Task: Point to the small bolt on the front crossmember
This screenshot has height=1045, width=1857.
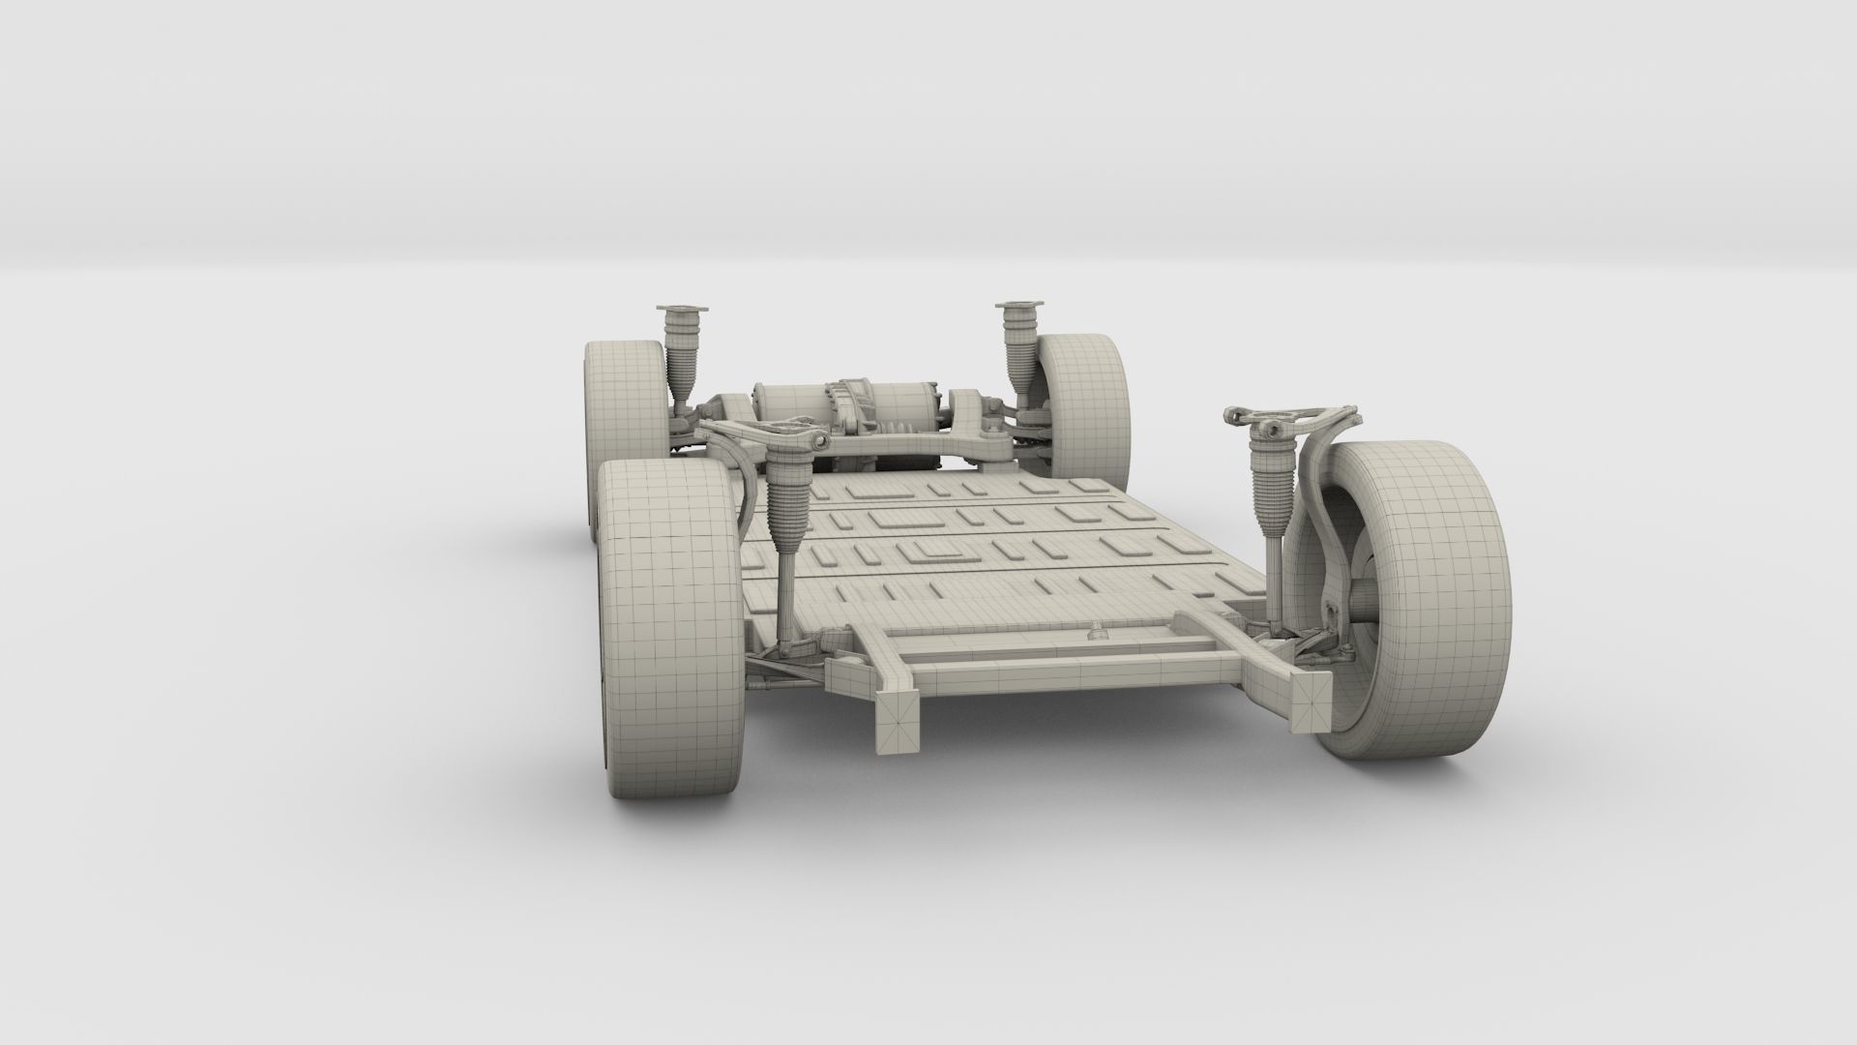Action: point(1097,634)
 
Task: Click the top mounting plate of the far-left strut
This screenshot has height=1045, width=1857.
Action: point(683,310)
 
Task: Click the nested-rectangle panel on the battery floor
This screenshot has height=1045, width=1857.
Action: point(933,553)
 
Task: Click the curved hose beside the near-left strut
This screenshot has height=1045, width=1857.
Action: point(750,493)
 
